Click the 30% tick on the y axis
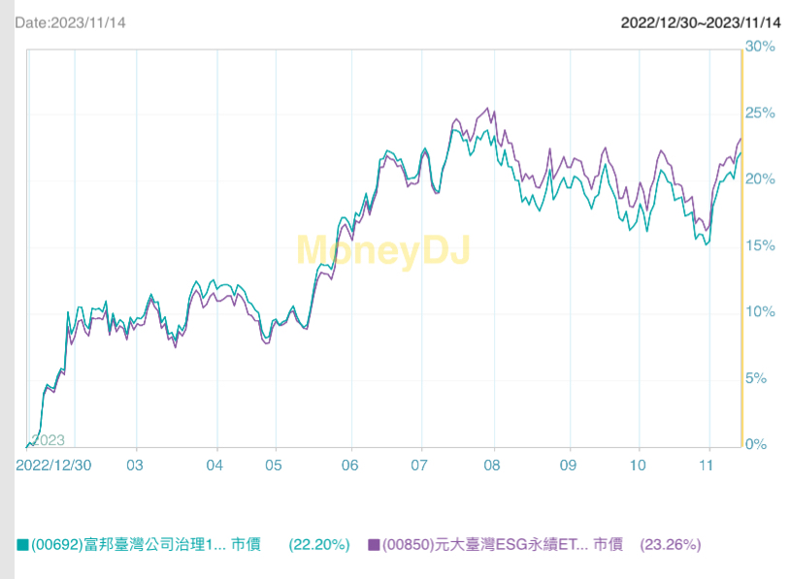[761, 47]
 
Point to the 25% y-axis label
[761, 113]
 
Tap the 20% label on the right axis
[761, 179]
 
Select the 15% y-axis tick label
[761, 246]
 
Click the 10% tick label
[761, 312]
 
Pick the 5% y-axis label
[757, 378]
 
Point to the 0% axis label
[757, 445]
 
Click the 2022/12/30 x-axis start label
[54, 465]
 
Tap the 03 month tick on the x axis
[137, 465]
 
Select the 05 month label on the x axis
[277, 465]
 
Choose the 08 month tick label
[493, 465]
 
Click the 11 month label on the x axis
[709, 465]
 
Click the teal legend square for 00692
[22, 545]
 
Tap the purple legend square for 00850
[374, 545]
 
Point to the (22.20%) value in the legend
[319, 545]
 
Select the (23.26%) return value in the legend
[671, 545]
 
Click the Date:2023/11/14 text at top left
[71, 21]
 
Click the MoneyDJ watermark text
[382, 250]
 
